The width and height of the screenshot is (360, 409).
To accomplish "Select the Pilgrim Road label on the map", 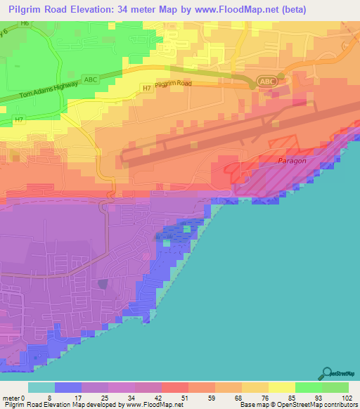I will (x=173, y=84).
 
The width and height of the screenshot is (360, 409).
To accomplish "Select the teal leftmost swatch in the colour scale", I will (x=41, y=387).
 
